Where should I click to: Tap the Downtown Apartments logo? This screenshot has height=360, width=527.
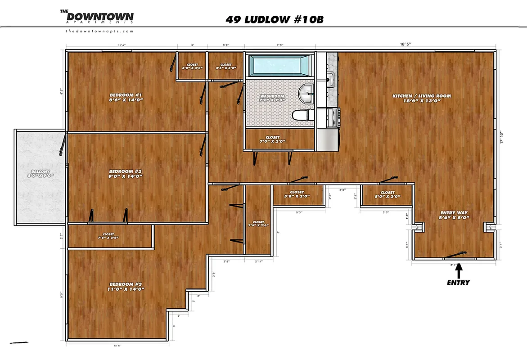[x=97, y=17]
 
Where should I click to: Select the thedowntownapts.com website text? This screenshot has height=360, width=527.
[x=99, y=31]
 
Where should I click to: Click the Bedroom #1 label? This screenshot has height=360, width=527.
[x=126, y=97]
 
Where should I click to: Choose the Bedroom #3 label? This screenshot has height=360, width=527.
[x=126, y=287]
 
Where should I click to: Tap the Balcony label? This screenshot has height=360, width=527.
[x=40, y=174]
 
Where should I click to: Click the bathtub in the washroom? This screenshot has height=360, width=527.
[x=280, y=65]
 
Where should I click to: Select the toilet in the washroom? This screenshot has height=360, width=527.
[x=302, y=116]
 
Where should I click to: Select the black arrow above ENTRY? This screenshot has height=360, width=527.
[x=459, y=270]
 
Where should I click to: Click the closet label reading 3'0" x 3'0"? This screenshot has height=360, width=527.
[x=192, y=66]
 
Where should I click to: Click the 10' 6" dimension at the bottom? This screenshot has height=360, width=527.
[x=117, y=346]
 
